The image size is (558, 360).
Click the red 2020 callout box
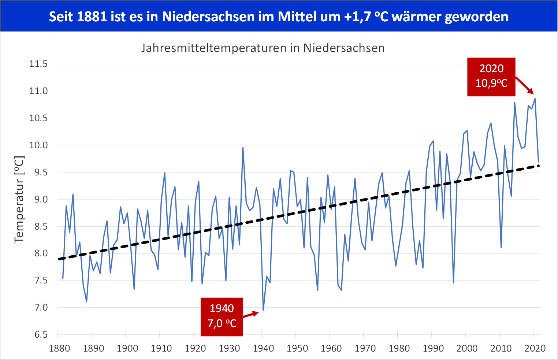tap(491, 77)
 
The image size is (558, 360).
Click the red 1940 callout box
tap(222, 317)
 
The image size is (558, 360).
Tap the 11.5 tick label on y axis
tap(38, 64)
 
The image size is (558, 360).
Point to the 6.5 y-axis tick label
tap(38, 334)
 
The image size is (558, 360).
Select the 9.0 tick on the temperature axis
tap(38, 199)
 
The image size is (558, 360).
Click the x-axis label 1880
tap(59, 348)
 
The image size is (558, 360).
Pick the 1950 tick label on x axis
tap(297, 348)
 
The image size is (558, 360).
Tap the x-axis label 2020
tap(535, 348)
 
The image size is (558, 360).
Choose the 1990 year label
tap(433, 348)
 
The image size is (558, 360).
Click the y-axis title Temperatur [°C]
tap(19, 200)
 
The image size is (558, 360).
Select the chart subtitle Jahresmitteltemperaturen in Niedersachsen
tap(263, 48)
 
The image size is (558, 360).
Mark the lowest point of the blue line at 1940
tap(263, 310)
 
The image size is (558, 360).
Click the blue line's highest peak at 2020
tap(535, 99)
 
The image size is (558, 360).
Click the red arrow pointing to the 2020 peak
tap(525, 85)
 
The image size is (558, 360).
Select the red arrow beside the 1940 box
tap(251, 314)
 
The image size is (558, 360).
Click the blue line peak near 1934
tap(243, 148)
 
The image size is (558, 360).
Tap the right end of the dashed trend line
tap(539, 166)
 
